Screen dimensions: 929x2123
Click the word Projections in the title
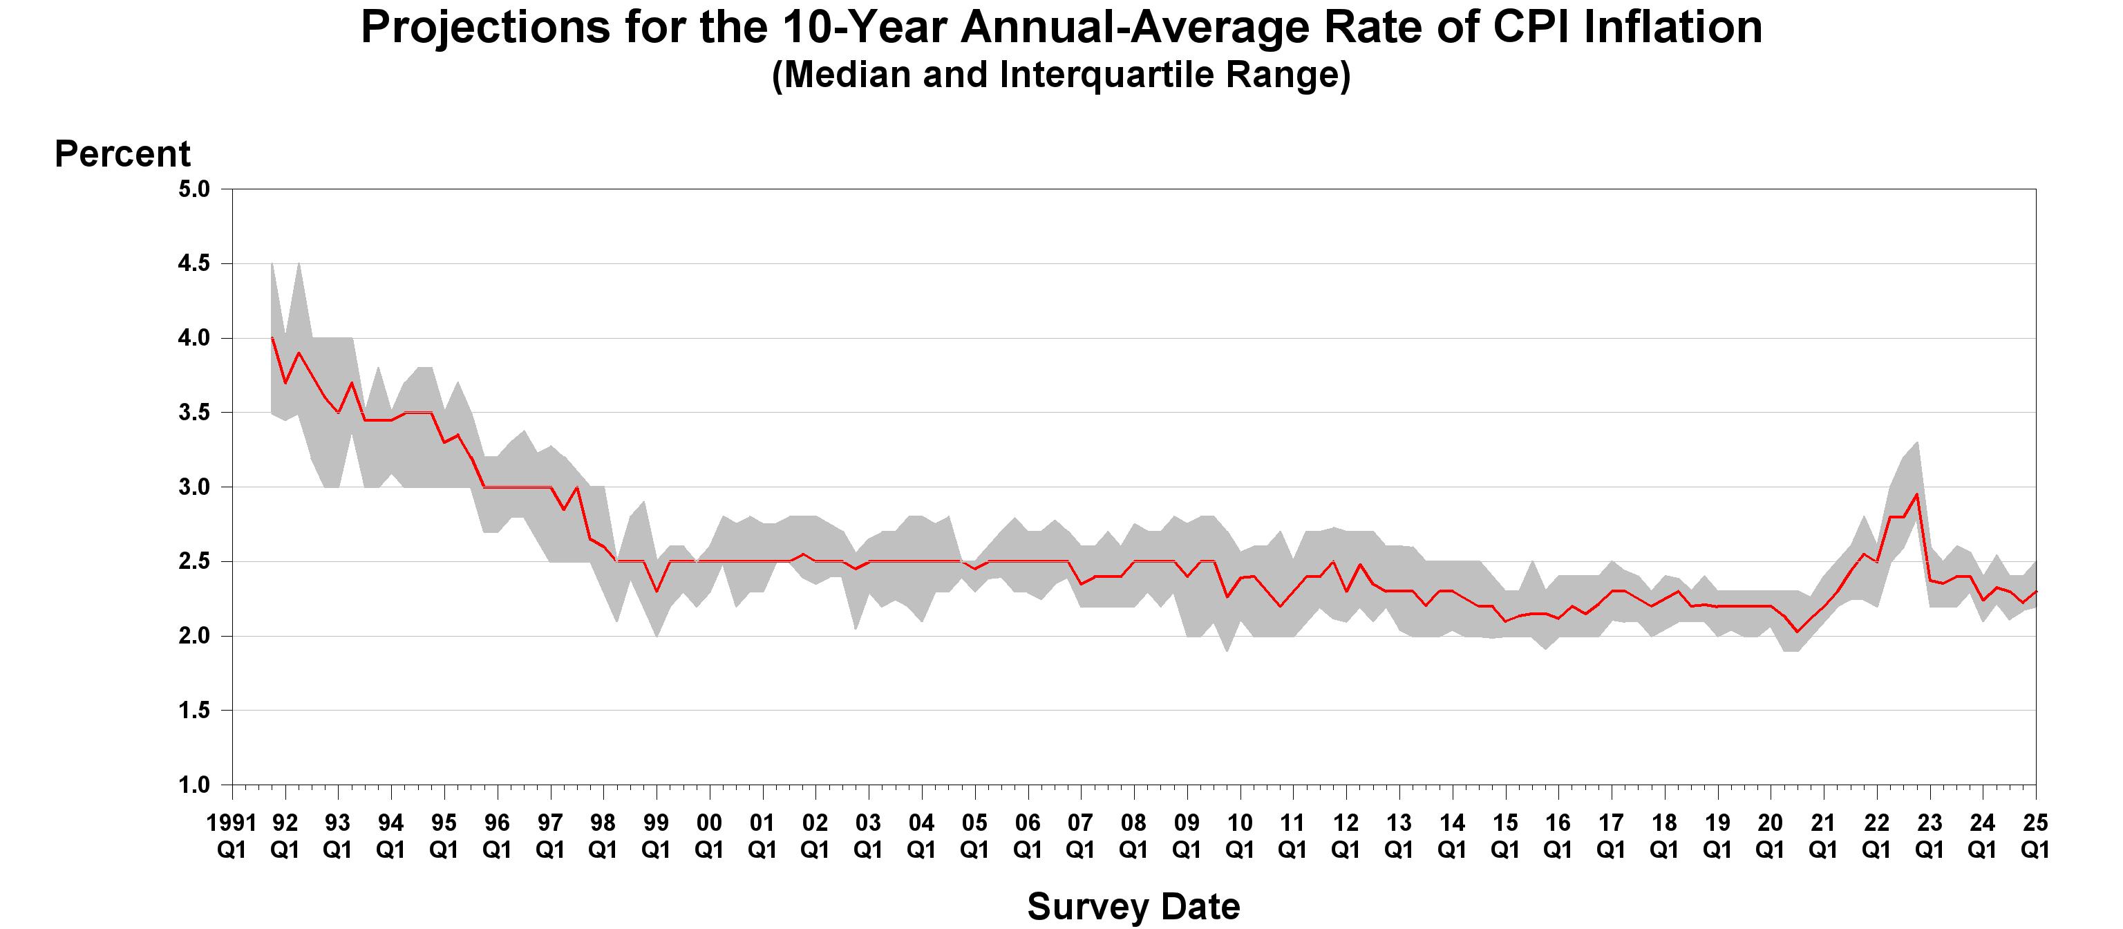(x=484, y=28)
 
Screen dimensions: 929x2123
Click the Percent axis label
(x=122, y=154)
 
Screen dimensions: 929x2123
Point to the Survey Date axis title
(x=1133, y=907)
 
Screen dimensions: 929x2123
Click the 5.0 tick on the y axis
(x=194, y=189)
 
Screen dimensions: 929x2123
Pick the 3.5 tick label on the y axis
(x=194, y=412)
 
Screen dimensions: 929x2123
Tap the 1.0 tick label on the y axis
(x=194, y=785)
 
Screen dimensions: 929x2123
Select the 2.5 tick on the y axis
(x=194, y=561)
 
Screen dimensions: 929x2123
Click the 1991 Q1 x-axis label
(x=232, y=835)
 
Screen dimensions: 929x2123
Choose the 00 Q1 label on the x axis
(x=709, y=835)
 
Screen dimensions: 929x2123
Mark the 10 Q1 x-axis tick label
(x=1240, y=835)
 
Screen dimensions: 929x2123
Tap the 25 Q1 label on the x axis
(x=2035, y=835)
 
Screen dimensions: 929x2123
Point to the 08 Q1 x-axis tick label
(x=1133, y=835)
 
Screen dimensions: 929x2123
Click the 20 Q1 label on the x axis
(x=1769, y=835)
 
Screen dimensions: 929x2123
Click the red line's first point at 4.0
(x=272, y=338)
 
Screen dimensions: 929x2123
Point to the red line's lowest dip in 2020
(x=1798, y=631)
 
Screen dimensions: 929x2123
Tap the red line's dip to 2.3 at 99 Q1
(x=657, y=591)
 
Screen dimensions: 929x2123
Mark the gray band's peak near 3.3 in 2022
(x=1917, y=442)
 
